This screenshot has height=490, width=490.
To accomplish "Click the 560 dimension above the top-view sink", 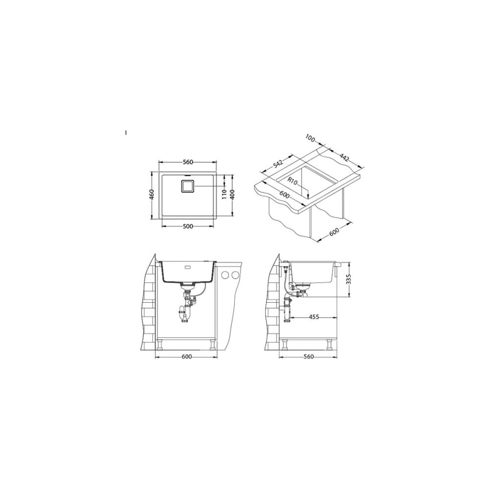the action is click(x=188, y=162).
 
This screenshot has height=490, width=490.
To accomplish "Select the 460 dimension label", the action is click(x=152, y=195).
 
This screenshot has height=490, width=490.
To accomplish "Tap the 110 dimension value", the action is click(x=224, y=195).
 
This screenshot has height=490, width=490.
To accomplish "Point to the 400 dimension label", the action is click(x=232, y=195).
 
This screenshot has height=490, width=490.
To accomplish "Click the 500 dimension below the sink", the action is click(x=188, y=226).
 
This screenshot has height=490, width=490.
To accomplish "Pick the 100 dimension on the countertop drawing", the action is click(x=310, y=138).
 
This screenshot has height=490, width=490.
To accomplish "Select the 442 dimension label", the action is click(x=343, y=157).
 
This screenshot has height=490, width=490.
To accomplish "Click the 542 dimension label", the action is click(x=277, y=164).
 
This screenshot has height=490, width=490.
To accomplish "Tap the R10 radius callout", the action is click(x=293, y=181).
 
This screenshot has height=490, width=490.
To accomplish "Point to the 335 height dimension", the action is click(x=349, y=279).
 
